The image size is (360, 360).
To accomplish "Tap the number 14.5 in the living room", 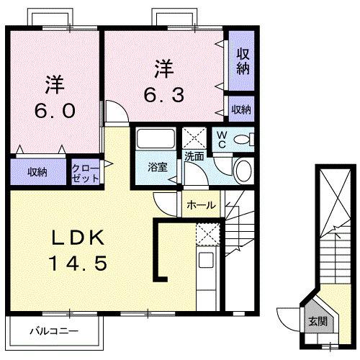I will click(80, 263).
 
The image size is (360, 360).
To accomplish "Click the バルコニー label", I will click(54, 332).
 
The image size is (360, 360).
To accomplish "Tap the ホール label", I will click(200, 205).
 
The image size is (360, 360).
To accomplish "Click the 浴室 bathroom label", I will click(157, 167).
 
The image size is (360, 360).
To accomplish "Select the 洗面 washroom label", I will click(194, 155).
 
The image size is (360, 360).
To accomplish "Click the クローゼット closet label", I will click(85, 173).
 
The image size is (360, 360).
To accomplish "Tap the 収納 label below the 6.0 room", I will click(37, 172).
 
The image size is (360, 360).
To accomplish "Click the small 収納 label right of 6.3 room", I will click(242, 109).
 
